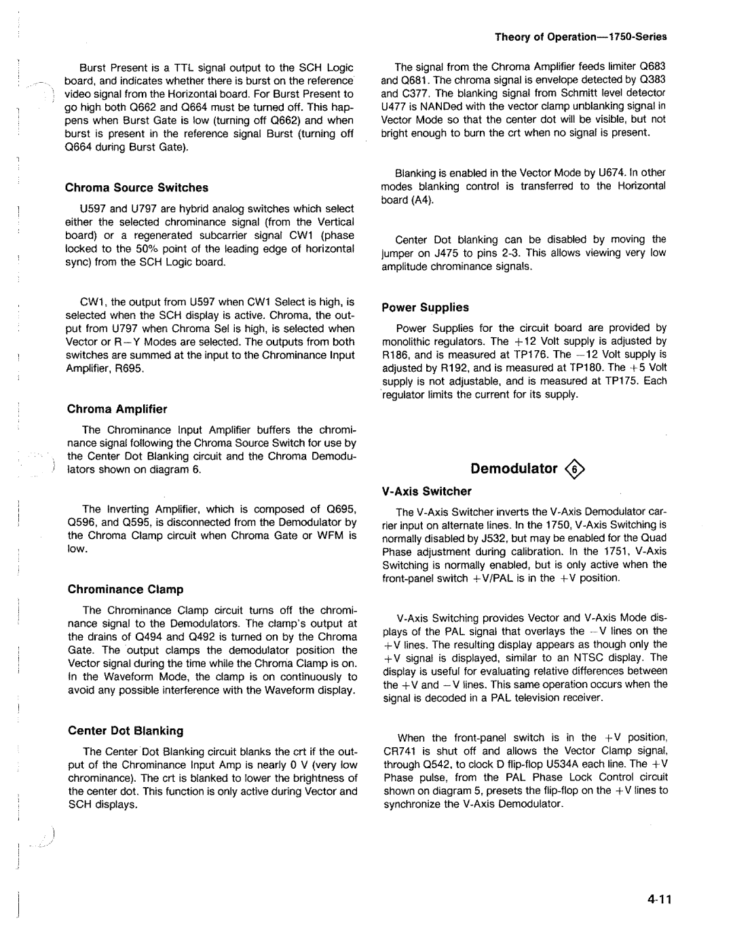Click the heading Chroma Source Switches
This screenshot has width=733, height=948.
tap(136, 188)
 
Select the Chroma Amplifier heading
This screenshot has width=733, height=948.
tap(117, 409)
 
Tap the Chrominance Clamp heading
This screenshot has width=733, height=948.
tap(126, 590)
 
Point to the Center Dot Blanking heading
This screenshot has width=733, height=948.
tap(126, 731)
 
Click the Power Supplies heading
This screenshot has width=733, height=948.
tap(425, 307)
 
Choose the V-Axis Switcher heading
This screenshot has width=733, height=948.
tap(426, 491)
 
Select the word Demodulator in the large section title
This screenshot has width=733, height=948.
tap(514, 469)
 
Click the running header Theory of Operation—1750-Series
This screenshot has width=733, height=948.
tap(581, 37)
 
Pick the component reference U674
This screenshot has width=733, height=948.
tap(612, 173)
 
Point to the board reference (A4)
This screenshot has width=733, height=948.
tap(420, 200)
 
